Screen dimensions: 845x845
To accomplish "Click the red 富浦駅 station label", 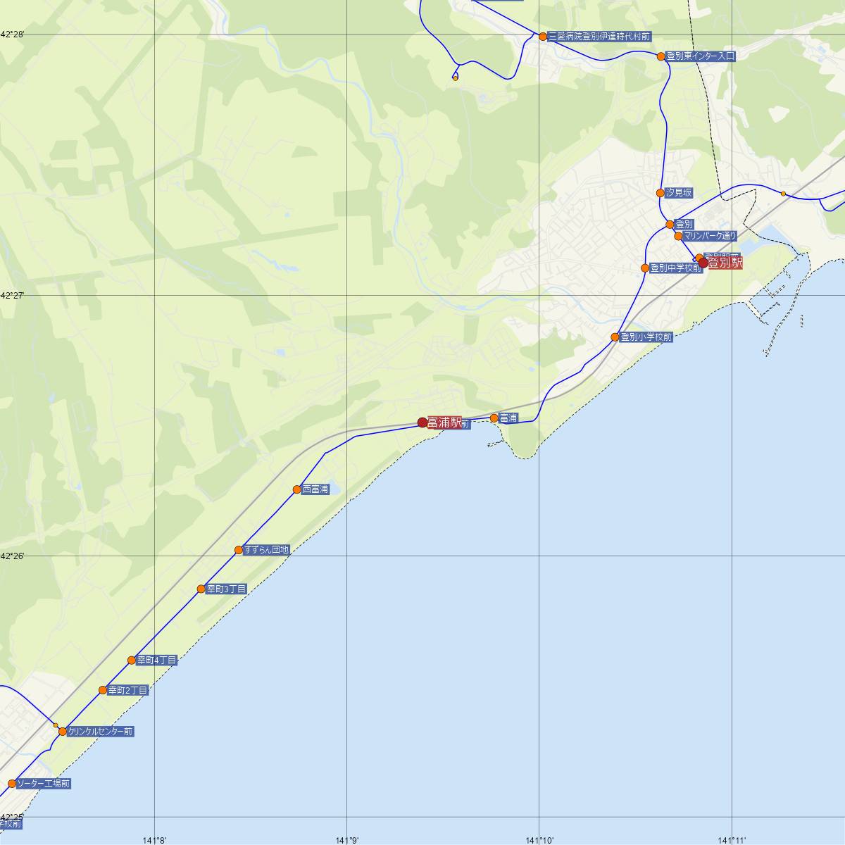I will (444, 423).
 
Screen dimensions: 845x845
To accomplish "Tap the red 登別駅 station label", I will (725, 263).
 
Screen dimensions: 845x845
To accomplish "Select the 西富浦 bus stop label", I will (315, 489).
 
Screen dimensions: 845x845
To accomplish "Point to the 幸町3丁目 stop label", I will (226, 589).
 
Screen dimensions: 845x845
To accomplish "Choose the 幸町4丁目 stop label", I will (156, 661).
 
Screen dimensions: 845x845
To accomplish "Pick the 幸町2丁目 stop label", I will (128, 691).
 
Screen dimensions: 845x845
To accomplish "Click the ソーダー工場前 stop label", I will (43, 783).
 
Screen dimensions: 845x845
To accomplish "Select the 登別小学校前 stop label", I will (646, 337).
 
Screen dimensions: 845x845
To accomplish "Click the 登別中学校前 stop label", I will (675, 268).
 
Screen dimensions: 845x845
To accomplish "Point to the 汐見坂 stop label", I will (679, 193).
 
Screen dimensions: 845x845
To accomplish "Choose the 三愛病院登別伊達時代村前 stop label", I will (599, 36).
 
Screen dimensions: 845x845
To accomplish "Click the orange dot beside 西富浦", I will (297, 489).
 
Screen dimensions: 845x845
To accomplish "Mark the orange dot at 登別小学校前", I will (615, 337).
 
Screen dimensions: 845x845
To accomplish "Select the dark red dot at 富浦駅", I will (423, 423).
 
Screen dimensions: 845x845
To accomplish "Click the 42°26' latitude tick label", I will (11, 556).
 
